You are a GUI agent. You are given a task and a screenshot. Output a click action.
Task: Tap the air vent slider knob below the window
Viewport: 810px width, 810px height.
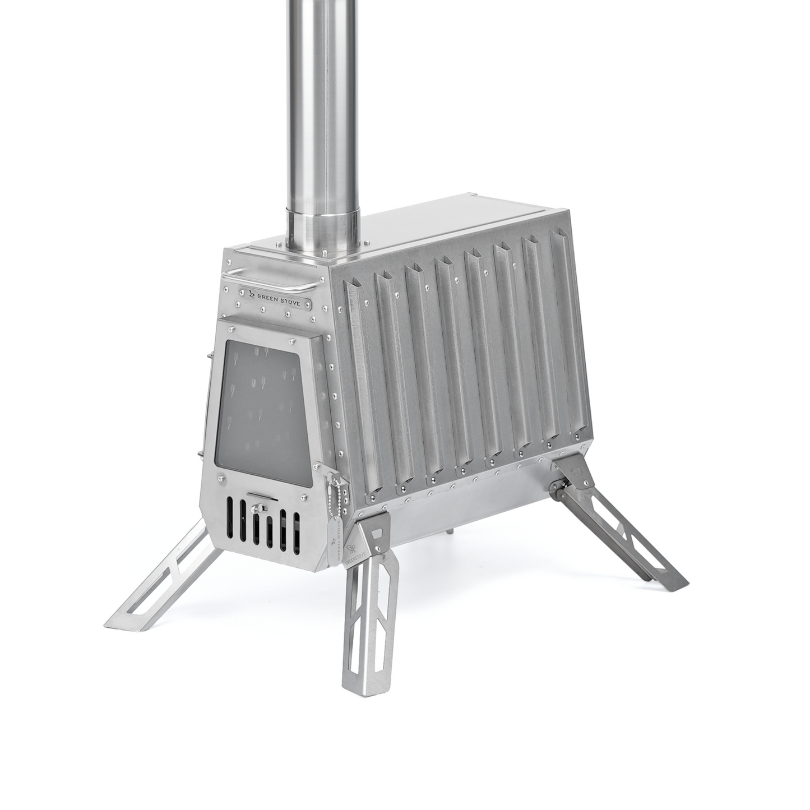tap(258, 508)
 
